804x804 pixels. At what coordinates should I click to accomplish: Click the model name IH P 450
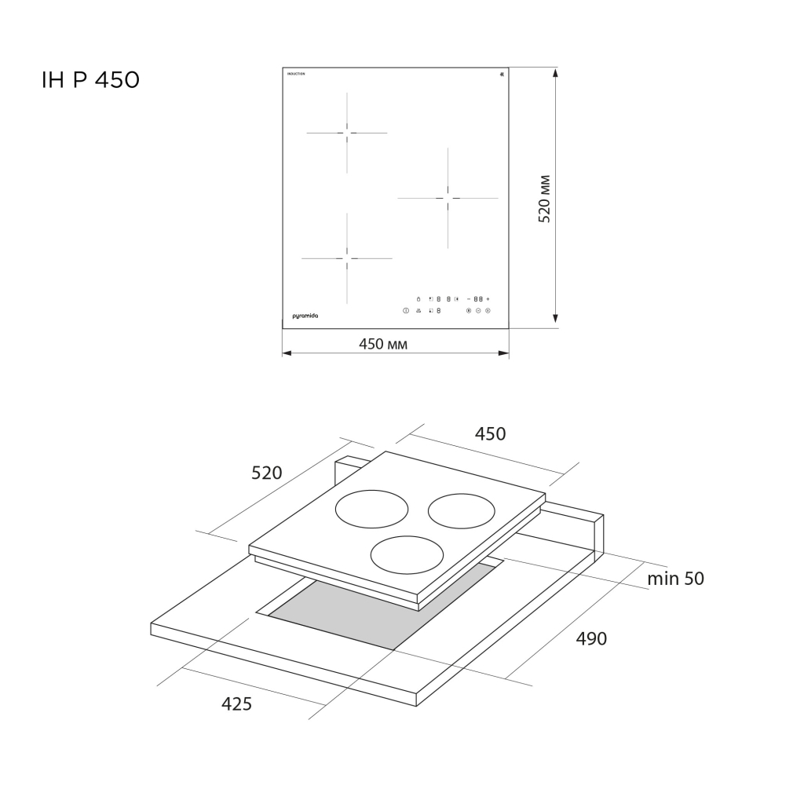(x=90, y=80)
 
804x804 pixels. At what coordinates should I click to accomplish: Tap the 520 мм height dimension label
(x=544, y=199)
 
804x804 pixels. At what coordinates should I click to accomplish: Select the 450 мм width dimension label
(x=383, y=343)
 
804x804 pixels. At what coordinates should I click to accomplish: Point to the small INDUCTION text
(x=295, y=73)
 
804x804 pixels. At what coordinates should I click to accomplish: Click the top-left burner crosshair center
(x=347, y=133)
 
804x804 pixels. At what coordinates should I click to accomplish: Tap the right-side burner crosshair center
(x=448, y=198)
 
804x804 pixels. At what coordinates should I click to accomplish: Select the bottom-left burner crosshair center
(x=346, y=258)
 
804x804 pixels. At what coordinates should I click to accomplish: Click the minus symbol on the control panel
(x=468, y=299)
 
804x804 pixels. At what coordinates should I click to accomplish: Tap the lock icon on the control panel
(x=418, y=299)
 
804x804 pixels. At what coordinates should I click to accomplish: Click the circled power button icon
(x=406, y=311)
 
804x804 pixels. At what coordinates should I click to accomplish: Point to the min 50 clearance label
(x=675, y=579)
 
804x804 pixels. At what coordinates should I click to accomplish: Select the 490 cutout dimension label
(x=591, y=638)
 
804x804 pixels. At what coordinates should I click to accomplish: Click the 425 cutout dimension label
(x=236, y=704)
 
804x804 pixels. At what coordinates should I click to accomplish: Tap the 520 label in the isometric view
(x=266, y=473)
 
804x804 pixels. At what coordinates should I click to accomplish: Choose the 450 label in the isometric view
(x=491, y=433)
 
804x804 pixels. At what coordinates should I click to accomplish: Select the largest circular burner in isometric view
(x=371, y=510)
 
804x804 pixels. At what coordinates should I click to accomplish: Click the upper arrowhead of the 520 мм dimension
(x=556, y=73)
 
